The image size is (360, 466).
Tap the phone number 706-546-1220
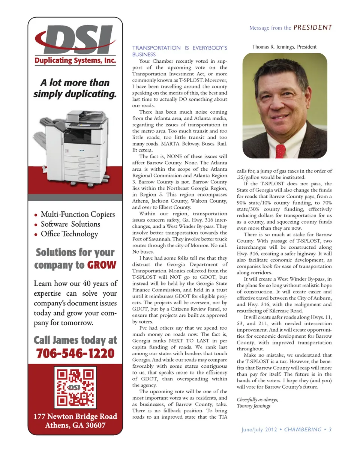(75, 353)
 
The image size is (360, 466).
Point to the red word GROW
(102, 265)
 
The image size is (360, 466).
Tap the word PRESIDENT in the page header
(313, 27)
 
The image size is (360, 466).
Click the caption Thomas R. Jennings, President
(284, 47)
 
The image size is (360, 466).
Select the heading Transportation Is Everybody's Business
(180, 51)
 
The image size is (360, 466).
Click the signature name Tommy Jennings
(253, 406)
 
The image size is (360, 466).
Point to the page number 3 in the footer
(330, 430)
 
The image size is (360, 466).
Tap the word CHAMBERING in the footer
(303, 430)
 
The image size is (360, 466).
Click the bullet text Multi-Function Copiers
(78, 214)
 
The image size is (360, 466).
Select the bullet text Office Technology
(69, 234)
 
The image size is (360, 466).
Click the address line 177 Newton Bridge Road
(75, 416)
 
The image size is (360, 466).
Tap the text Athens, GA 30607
(75, 425)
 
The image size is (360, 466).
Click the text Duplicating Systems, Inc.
(75, 60)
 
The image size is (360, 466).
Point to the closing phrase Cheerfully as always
(257, 400)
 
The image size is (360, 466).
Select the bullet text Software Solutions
(70, 224)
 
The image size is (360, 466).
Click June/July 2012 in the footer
(259, 430)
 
